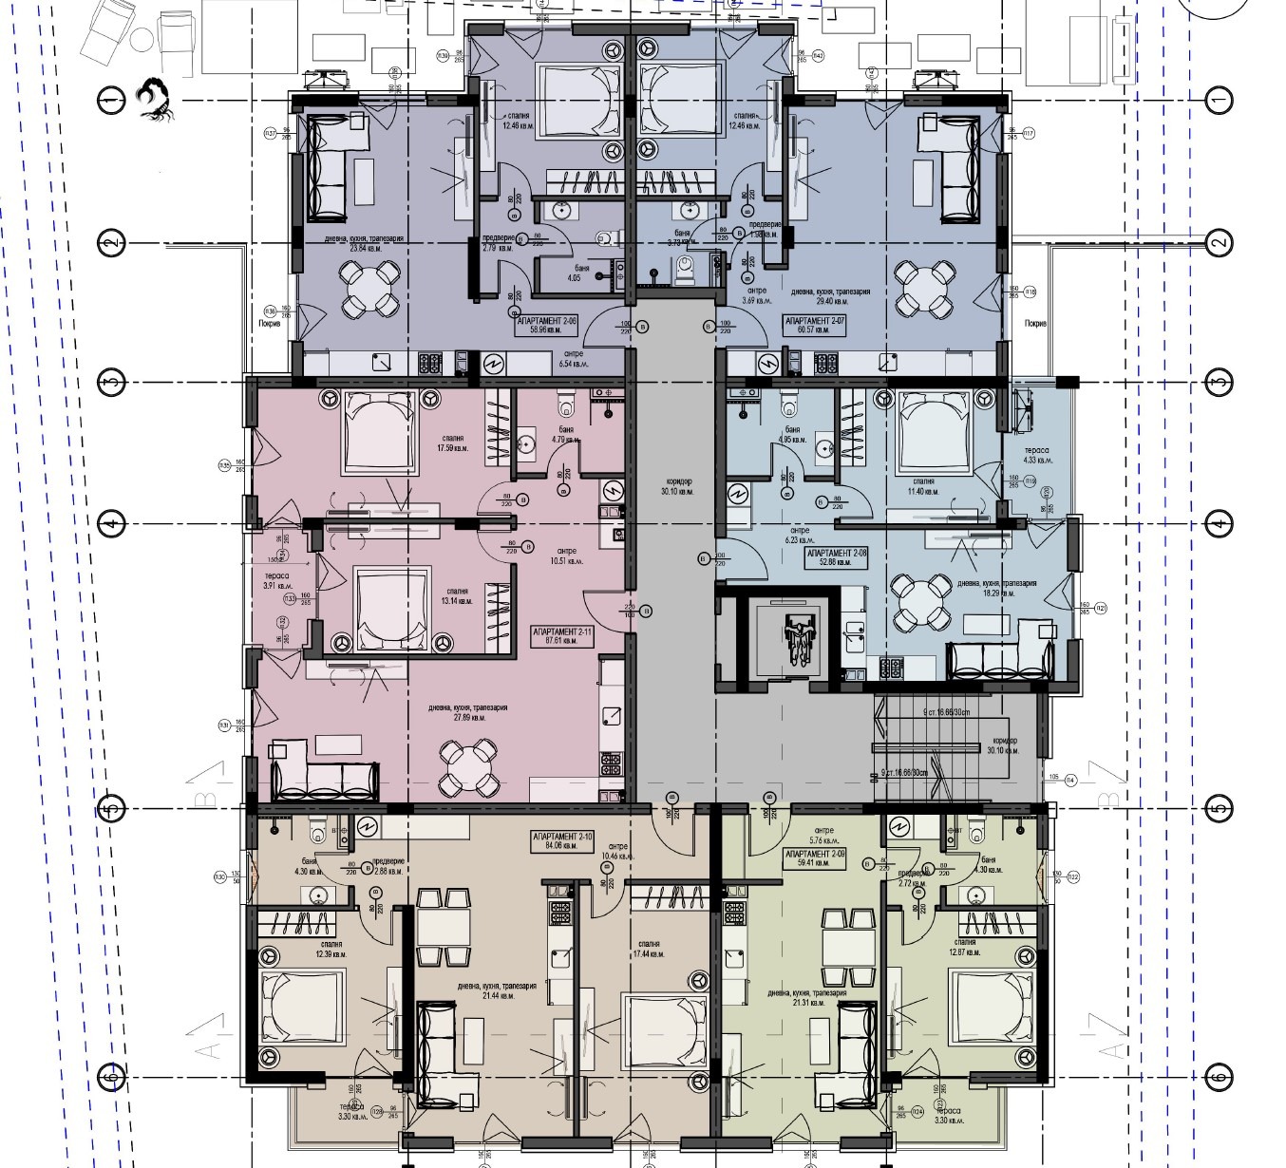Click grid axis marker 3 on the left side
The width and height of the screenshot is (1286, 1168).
pyautogui.click(x=112, y=383)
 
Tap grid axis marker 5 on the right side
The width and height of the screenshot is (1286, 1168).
pyautogui.click(x=1218, y=809)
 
